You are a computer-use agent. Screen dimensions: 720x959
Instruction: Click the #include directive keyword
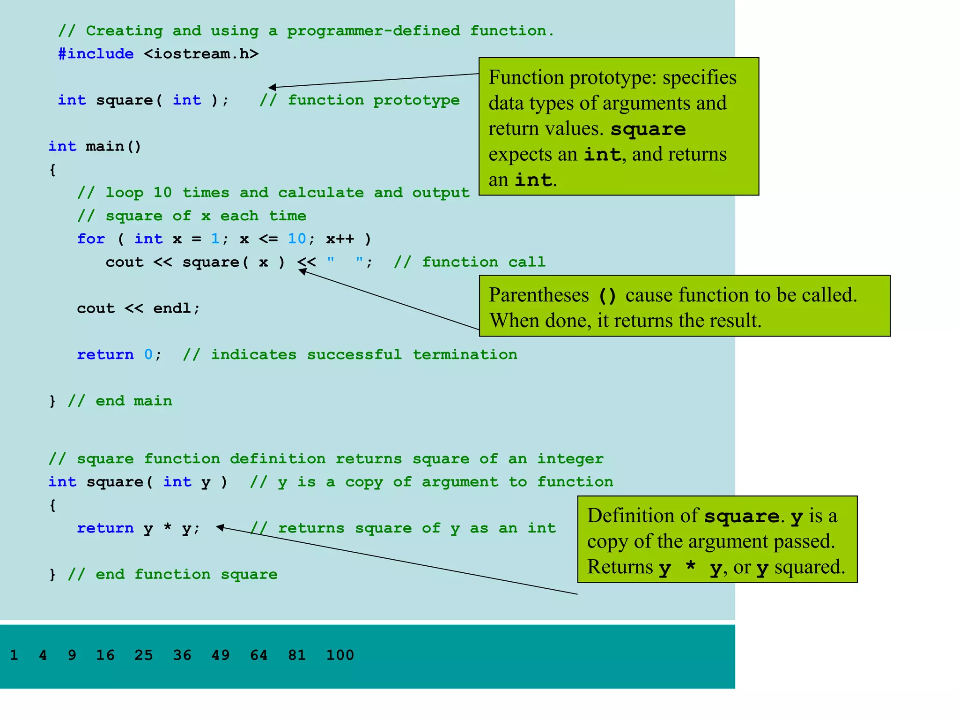click(x=96, y=54)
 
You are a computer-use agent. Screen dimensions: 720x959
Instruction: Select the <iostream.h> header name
click(x=201, y=54)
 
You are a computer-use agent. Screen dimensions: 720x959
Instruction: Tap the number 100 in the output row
click(x=340, y=655)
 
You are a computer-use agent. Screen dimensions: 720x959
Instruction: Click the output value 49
click(x=221, y=655)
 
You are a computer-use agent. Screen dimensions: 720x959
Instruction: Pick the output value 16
click(x=105, y=655)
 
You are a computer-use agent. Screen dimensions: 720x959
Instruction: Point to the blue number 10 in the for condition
click(x=297, y=239)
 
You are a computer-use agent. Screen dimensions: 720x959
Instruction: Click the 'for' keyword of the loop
click(x=91, y=239)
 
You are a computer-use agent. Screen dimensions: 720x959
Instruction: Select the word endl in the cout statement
click(x=172, y=308)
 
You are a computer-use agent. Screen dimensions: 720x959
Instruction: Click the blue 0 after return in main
click(x=148, y=354)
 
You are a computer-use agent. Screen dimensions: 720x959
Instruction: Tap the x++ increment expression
click(x=340, y=239)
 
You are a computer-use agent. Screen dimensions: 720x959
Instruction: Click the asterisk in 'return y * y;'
click(x=167, y=528)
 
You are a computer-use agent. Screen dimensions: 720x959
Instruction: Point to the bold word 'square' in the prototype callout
click(x=648, y=129)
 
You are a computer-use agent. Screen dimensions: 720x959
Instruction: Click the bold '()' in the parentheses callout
click(x=607, y=296)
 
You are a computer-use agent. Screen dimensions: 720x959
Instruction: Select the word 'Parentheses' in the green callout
click(x=539, y=295)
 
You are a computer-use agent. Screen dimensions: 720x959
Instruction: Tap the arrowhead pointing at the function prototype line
click(x=272, y=87)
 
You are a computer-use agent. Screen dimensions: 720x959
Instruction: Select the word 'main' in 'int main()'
click(x=105, y=146)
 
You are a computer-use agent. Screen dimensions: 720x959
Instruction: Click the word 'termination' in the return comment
click(x=465, y=354)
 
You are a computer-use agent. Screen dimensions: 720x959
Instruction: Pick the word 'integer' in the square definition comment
click(x=570, y=458)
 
